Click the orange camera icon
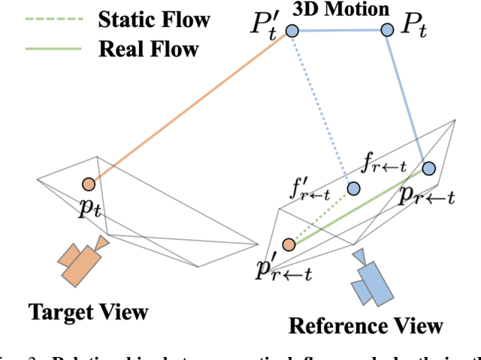point(82,259)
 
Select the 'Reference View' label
point(366,325)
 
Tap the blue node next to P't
point(292,30)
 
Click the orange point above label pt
point(89,183)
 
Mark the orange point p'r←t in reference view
point(288,244)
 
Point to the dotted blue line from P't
point(322,109)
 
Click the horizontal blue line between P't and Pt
point(340,30)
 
